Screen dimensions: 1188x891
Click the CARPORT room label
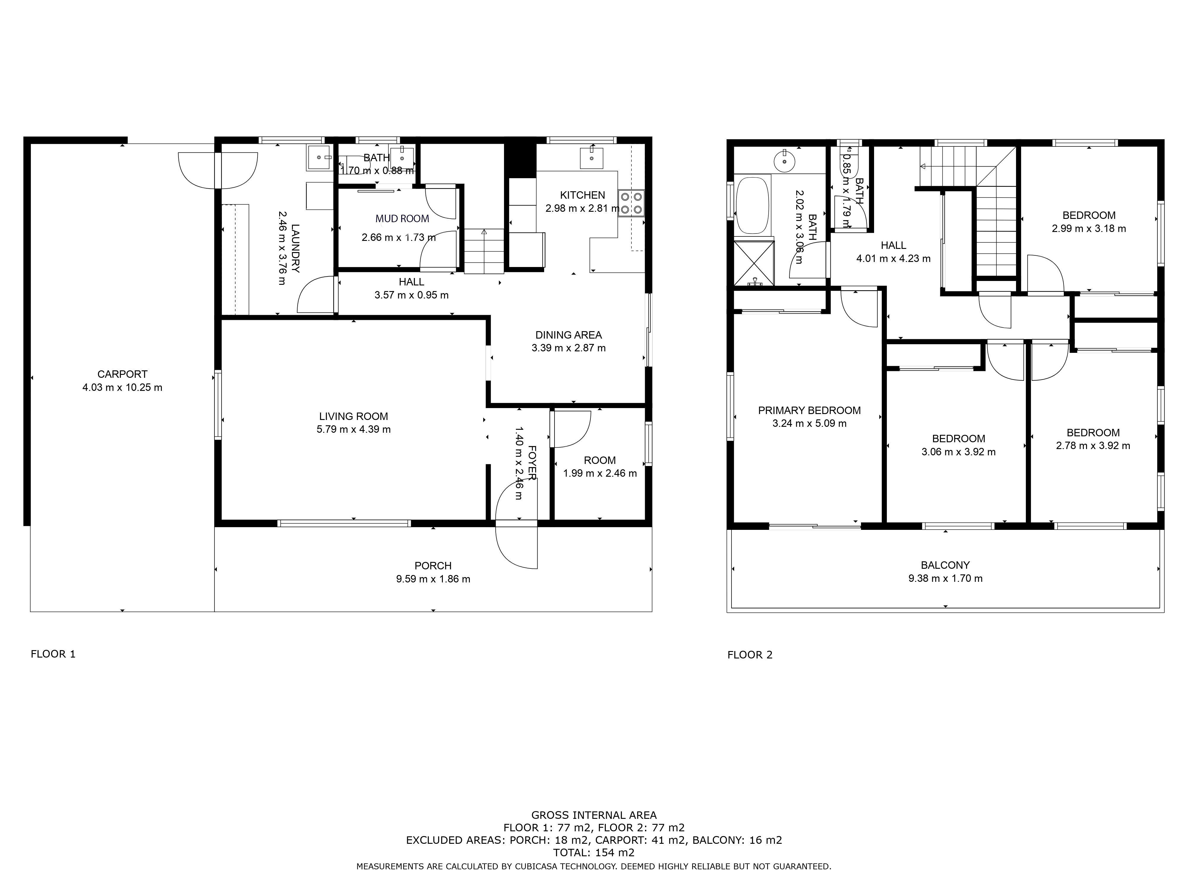122,374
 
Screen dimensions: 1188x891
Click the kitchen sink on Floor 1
591,158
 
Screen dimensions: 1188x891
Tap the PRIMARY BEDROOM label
809,411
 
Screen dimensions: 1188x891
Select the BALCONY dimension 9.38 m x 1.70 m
945,579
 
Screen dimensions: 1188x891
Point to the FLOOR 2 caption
750,655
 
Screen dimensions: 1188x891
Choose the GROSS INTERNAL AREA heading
594,815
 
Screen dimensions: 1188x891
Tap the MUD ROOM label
402,219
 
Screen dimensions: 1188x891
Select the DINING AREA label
569,335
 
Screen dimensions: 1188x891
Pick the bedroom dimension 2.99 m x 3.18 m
1089,229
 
